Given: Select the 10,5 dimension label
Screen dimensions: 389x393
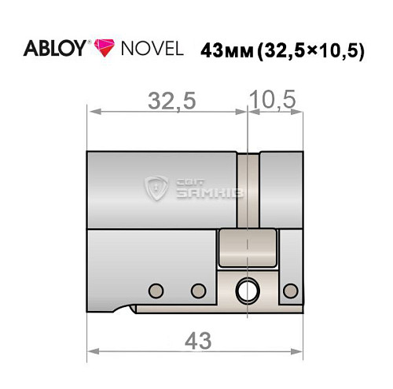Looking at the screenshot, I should [x=272, y=100].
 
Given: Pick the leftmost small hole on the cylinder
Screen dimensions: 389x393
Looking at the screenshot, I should [x=156, y=287].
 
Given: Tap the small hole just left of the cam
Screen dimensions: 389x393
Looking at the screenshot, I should [x=196, y=287].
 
